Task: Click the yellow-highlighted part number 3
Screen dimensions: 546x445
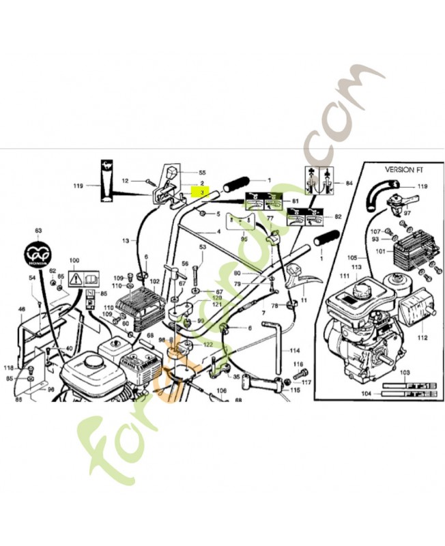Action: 202,193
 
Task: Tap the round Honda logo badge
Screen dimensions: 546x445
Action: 38,255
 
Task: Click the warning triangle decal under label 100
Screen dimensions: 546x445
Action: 76,278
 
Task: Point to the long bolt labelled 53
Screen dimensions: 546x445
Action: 196,270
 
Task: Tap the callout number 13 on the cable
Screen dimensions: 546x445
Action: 126,240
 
